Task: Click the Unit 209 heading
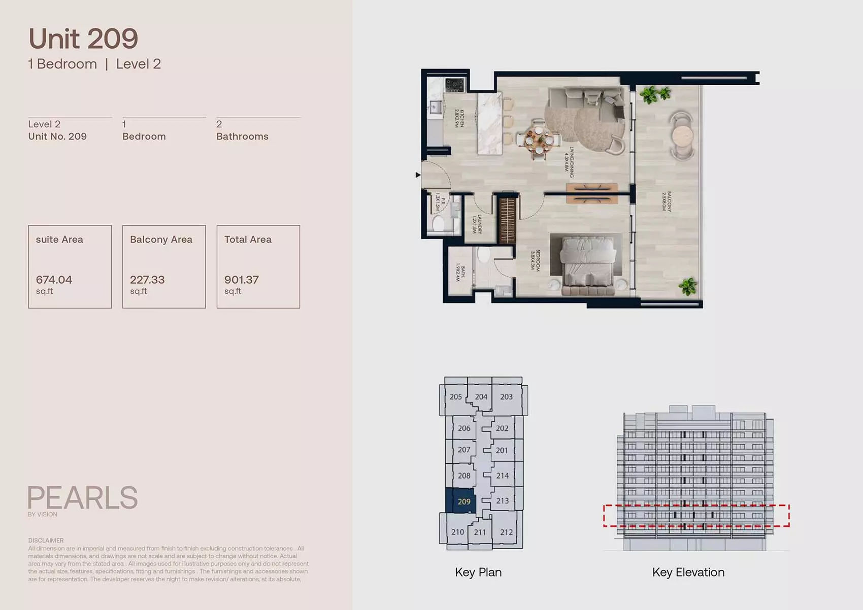(x=83, y=39)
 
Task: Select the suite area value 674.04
(x=54, y=280)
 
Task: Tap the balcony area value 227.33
(x=147, y=280)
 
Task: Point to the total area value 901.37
(x=242, y=280)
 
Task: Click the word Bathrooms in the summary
(x=242, y=137)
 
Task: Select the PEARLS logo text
(x=83, y=498)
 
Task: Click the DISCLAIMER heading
(x=46, y=540)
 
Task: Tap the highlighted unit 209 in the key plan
(x=463, y=501)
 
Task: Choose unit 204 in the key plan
(x=481, y=397)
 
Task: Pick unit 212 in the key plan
(x=506, y=532)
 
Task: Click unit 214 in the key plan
(x=502, y=476)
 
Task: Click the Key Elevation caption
(x=688, y=572)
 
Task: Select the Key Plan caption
(x=478, y=572)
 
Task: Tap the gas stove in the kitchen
(x=454, y=85)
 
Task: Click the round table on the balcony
(x=682, y=136)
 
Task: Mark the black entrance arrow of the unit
(x=418, y=175)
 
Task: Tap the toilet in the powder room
(x=437, y=223)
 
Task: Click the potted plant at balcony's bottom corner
(x=688, y=287)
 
